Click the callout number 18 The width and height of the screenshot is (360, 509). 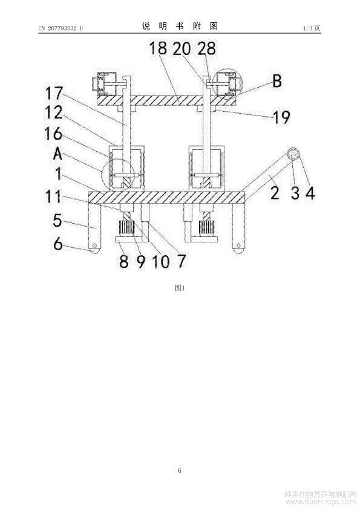coord(158,49)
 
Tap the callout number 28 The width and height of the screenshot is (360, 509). coord(207,49)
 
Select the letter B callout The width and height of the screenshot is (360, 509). coord(277,81)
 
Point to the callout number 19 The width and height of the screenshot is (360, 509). coord(281,117)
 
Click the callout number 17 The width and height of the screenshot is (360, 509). coord(54,94)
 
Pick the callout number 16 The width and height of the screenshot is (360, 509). coord(53,134)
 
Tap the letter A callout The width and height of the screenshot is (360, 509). coord(57,154)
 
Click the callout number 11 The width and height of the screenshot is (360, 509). coord(53,196)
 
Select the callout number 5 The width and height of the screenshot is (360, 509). coord(57,221)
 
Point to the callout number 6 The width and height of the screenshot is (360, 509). coord(58,244)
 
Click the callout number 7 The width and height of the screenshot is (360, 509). coord(181,261)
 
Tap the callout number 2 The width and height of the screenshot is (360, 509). coord(275,193)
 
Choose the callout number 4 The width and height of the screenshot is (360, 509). coord(310,193)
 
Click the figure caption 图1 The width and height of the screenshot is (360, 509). coord(179,288)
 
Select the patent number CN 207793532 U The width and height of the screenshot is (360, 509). coord(61,28)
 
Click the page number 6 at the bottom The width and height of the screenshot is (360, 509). coord(180,470)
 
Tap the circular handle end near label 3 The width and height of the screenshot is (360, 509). coord(293,154)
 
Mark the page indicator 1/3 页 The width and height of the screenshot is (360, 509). coord(312,28)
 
